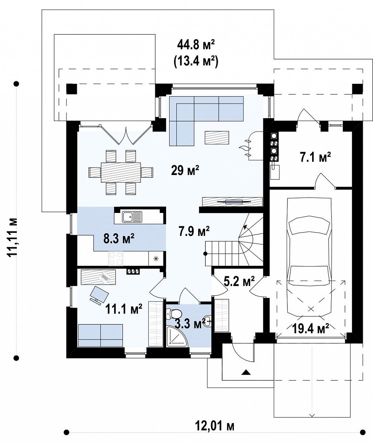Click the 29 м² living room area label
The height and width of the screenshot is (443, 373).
185,170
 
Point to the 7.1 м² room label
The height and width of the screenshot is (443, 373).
315,157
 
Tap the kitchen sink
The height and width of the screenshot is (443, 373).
131,216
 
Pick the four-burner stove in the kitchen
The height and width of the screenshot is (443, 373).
116,258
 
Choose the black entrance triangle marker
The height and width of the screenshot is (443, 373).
246,372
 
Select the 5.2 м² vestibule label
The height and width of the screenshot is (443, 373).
239,281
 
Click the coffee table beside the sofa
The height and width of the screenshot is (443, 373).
217,138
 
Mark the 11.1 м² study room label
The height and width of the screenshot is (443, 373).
123,309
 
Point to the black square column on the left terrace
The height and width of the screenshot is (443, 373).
71,89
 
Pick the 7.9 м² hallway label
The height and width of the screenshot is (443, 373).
194,231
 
